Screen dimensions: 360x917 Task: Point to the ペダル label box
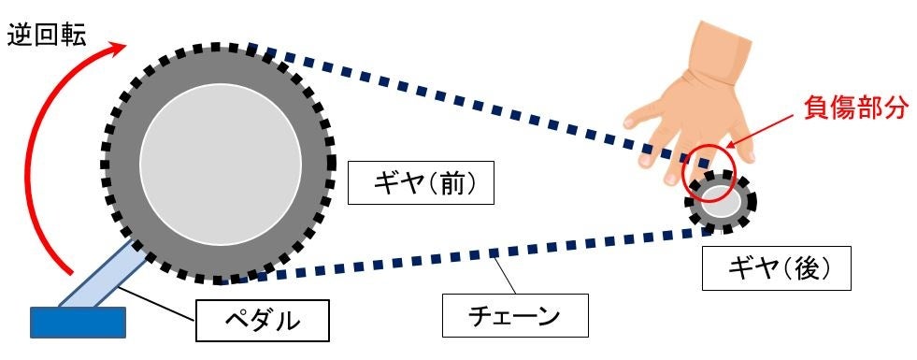(x=264, y=321)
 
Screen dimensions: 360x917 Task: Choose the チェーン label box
(x=516, y=316)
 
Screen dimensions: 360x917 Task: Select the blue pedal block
(x=78, y=322)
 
